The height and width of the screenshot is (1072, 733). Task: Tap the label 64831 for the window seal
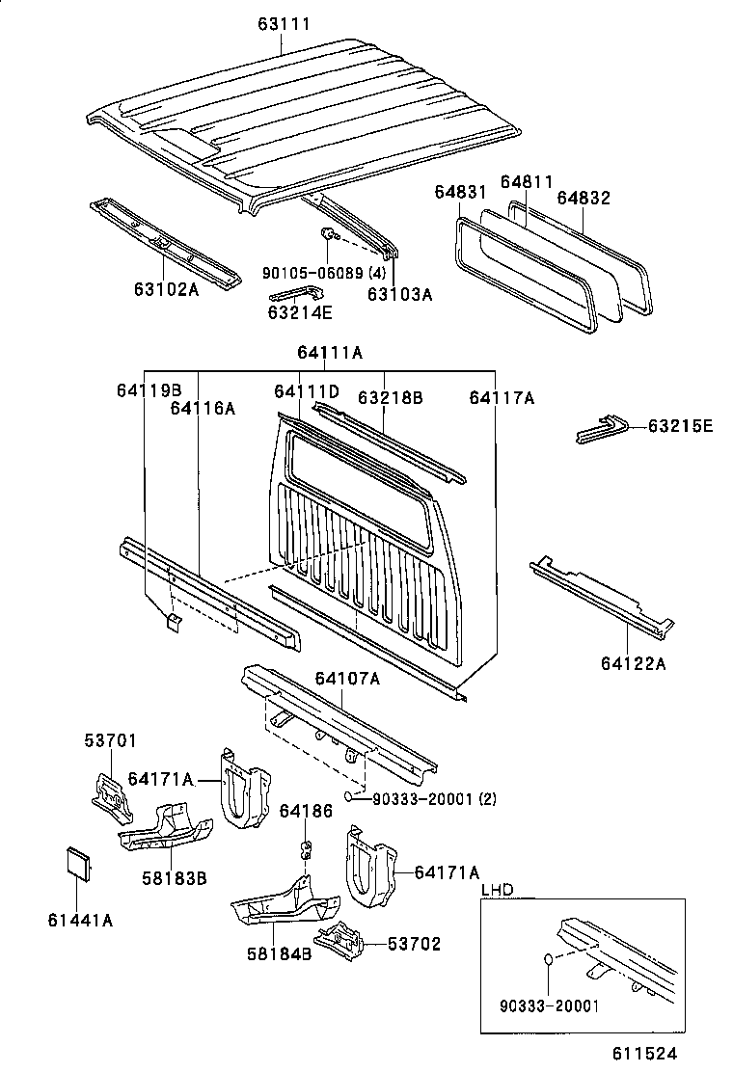pyautogui.click(x=459, y=194)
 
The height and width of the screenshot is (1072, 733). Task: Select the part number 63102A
pyautogui.click(x=166, y=288)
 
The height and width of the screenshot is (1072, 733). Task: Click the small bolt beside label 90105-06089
pyautogui.click(x=328, y=234)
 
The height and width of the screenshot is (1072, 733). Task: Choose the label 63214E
pyautogui.click(x=299, y=311)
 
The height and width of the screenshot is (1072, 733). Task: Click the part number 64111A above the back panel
pyautogui.click(x=330, y=353)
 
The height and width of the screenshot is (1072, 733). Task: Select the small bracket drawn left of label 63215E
pyautogui.click(x=603, y=429)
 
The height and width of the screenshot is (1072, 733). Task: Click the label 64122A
pyautogui.click(x=633, y=662)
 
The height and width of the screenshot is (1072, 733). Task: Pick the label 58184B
pyautogui.click(x=279, y=954)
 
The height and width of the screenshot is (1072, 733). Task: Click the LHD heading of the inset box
pyautogui.click(x=497, y=889)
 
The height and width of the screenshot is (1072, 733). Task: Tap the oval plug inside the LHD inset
pyautogui.click(x=546, y=961)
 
